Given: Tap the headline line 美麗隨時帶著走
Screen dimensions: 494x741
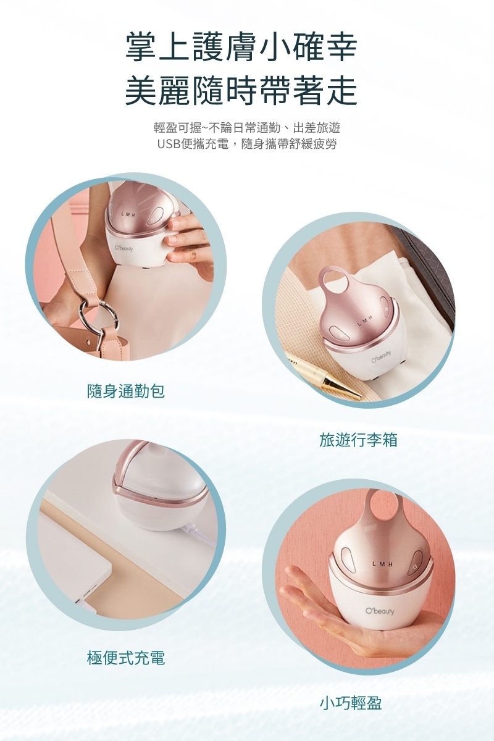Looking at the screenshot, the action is pyautogui.click(x=241, y=90).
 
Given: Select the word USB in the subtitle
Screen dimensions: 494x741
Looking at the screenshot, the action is pyautogui.click(x=169, y=144).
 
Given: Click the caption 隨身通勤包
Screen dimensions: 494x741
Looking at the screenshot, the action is pyautogui.click(x=126, y=391).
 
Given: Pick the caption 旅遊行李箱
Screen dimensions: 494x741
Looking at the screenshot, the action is pyautogui.click(x=358, y=440).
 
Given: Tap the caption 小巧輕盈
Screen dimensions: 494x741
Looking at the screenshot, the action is pyautogui.click(x=351, y=710).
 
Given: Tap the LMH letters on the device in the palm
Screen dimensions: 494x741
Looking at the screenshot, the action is pyautogui.click(x=382, y=564).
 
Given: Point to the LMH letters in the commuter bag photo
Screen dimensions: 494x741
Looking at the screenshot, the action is pyautogui.click(x=128, y=215).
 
